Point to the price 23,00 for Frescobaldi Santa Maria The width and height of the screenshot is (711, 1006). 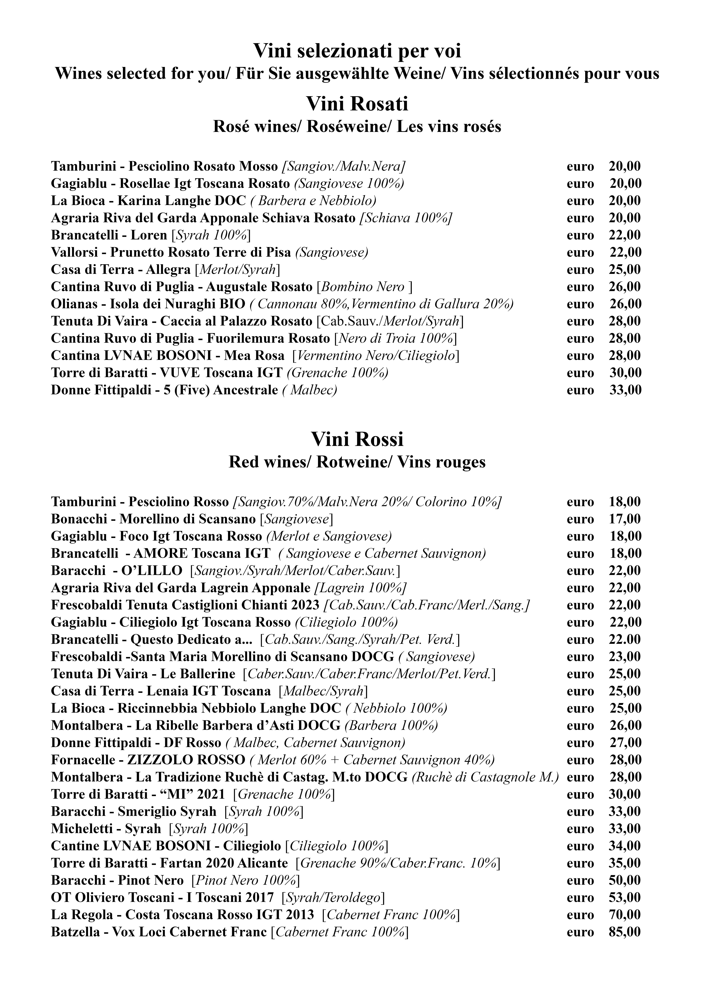tap(625, 657)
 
